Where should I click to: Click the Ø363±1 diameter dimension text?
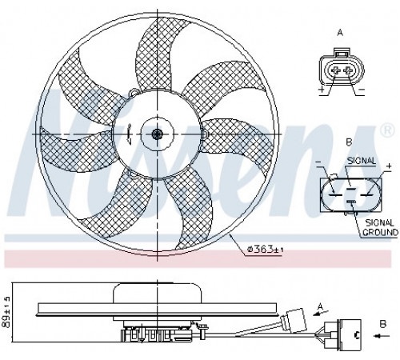click(266, 250)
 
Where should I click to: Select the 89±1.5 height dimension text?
click(6, 312)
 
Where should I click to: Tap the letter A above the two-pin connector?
click(340, 33)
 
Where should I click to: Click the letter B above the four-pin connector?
click(349, 142)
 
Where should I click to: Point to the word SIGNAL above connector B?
click(362, 161)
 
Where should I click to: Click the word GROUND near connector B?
click(381, 232)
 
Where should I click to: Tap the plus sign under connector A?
click(322, 90)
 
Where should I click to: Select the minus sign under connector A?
click(361, 90)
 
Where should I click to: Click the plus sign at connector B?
click(389, 166)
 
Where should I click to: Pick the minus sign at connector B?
click(318, 162)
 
